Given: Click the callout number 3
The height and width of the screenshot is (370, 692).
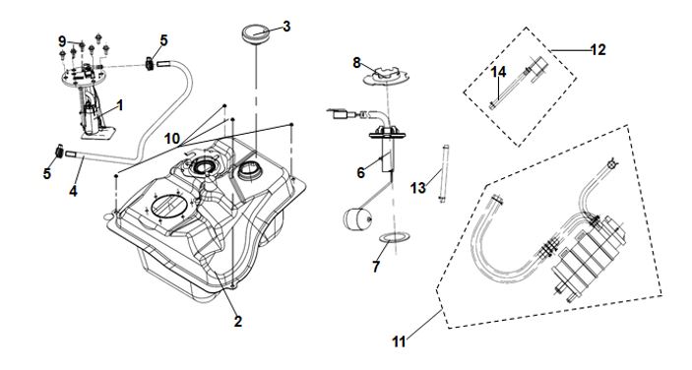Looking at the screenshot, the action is click(286, 27).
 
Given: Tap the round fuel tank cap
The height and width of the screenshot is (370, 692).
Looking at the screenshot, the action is click(255, 34).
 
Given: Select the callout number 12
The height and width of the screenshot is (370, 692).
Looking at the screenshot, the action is click(598, 50).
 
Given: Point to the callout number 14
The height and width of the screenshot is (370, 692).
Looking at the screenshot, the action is click(498, 72).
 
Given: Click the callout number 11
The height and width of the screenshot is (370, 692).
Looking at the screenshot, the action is click(399, 341).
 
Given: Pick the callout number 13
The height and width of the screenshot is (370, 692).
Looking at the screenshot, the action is click(418, 188).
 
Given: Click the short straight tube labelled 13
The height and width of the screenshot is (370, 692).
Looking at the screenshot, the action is click(444, 173).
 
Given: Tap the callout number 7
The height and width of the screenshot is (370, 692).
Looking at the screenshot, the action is click(376, 267).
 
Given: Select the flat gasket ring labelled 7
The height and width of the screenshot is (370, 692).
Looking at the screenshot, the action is click(394, 238).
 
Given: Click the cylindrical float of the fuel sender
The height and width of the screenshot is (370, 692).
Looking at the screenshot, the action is click(357, 219).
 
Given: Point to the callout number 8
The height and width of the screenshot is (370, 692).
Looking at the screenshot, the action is click(356, 63).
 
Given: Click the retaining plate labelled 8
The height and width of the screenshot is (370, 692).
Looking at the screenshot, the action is click(386, 76).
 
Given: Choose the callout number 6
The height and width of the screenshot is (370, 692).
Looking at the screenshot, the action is click(361, 172).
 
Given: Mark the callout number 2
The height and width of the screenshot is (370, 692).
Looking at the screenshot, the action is click(238, 321).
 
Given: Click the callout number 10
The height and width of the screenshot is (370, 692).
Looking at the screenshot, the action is click(172, 139).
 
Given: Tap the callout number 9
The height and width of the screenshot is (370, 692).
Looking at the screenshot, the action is click(62, 41).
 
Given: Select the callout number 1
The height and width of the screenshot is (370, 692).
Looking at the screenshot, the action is click(119, 105).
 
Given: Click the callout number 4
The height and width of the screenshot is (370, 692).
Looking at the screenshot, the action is click(73, 191).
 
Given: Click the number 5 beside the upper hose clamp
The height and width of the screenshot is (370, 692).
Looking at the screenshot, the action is click(163, 40).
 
